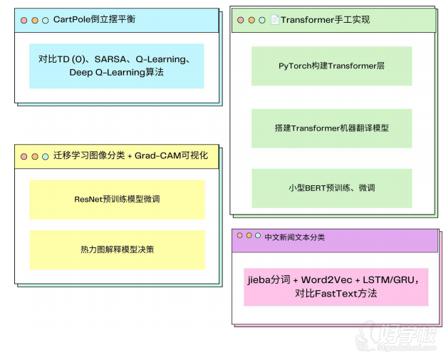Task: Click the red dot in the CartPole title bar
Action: coord(24,21)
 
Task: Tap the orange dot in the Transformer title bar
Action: coord(251,20)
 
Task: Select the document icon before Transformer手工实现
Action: coord(274,20)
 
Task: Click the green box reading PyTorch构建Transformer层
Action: coord(331,66)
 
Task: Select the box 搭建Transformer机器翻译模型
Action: coord(331,128)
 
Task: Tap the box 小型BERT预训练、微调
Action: coord(331,188)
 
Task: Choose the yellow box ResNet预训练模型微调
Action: coord(117,199)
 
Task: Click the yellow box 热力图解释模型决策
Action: coord(117,250)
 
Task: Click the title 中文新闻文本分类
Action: coord(294,237)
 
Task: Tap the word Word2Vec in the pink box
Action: coord(326,280)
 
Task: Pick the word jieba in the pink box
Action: coord(259,280)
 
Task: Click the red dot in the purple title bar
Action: coord(240,235)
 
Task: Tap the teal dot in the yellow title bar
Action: coord(45,157)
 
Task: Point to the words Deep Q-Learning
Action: coord(108,72)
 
